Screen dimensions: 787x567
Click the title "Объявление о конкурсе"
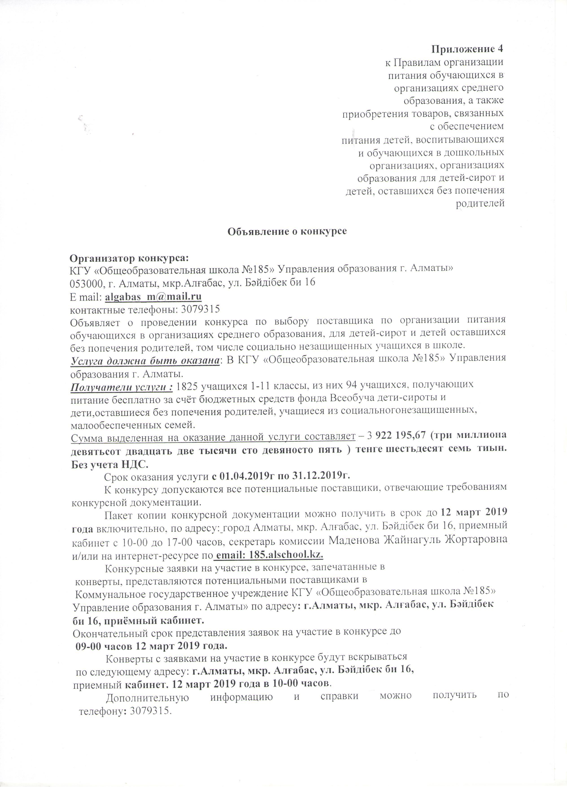(x=287, y=231)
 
